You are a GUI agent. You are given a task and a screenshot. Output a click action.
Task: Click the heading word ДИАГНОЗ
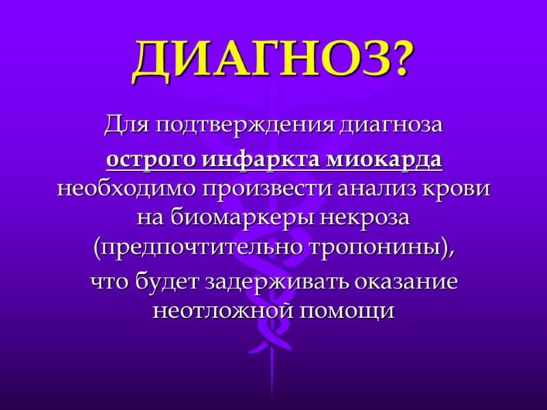coord(260,60)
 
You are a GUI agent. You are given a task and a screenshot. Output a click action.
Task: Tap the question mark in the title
coord(397,60)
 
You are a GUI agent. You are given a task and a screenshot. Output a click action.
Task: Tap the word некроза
coord(364,219)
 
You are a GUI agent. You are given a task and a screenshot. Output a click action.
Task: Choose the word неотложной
coord(220,312)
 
